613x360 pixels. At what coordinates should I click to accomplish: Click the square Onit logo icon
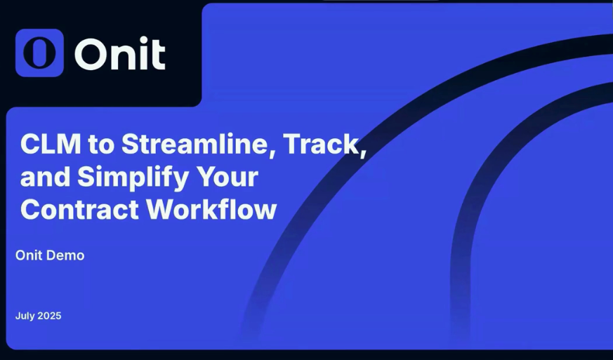(39, 53)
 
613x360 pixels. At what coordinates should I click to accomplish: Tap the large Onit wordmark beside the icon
(120, 54)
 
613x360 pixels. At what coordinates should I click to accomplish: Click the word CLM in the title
(51, 144)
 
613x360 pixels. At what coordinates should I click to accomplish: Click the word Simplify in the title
(133, 178)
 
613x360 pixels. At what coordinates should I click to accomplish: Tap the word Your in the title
(227, 177)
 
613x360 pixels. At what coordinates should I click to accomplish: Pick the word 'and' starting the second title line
(45, 177)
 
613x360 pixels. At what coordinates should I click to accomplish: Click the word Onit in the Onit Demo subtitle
(29, 255)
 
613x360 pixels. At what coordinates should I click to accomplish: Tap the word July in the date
(25, 316)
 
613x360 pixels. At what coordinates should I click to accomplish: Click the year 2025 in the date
(50, 316)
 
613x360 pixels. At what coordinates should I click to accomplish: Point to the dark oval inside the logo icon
(39, 53)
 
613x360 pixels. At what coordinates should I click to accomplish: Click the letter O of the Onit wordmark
(91, 54)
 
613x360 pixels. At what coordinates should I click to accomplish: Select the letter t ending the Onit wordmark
(158, 55)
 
